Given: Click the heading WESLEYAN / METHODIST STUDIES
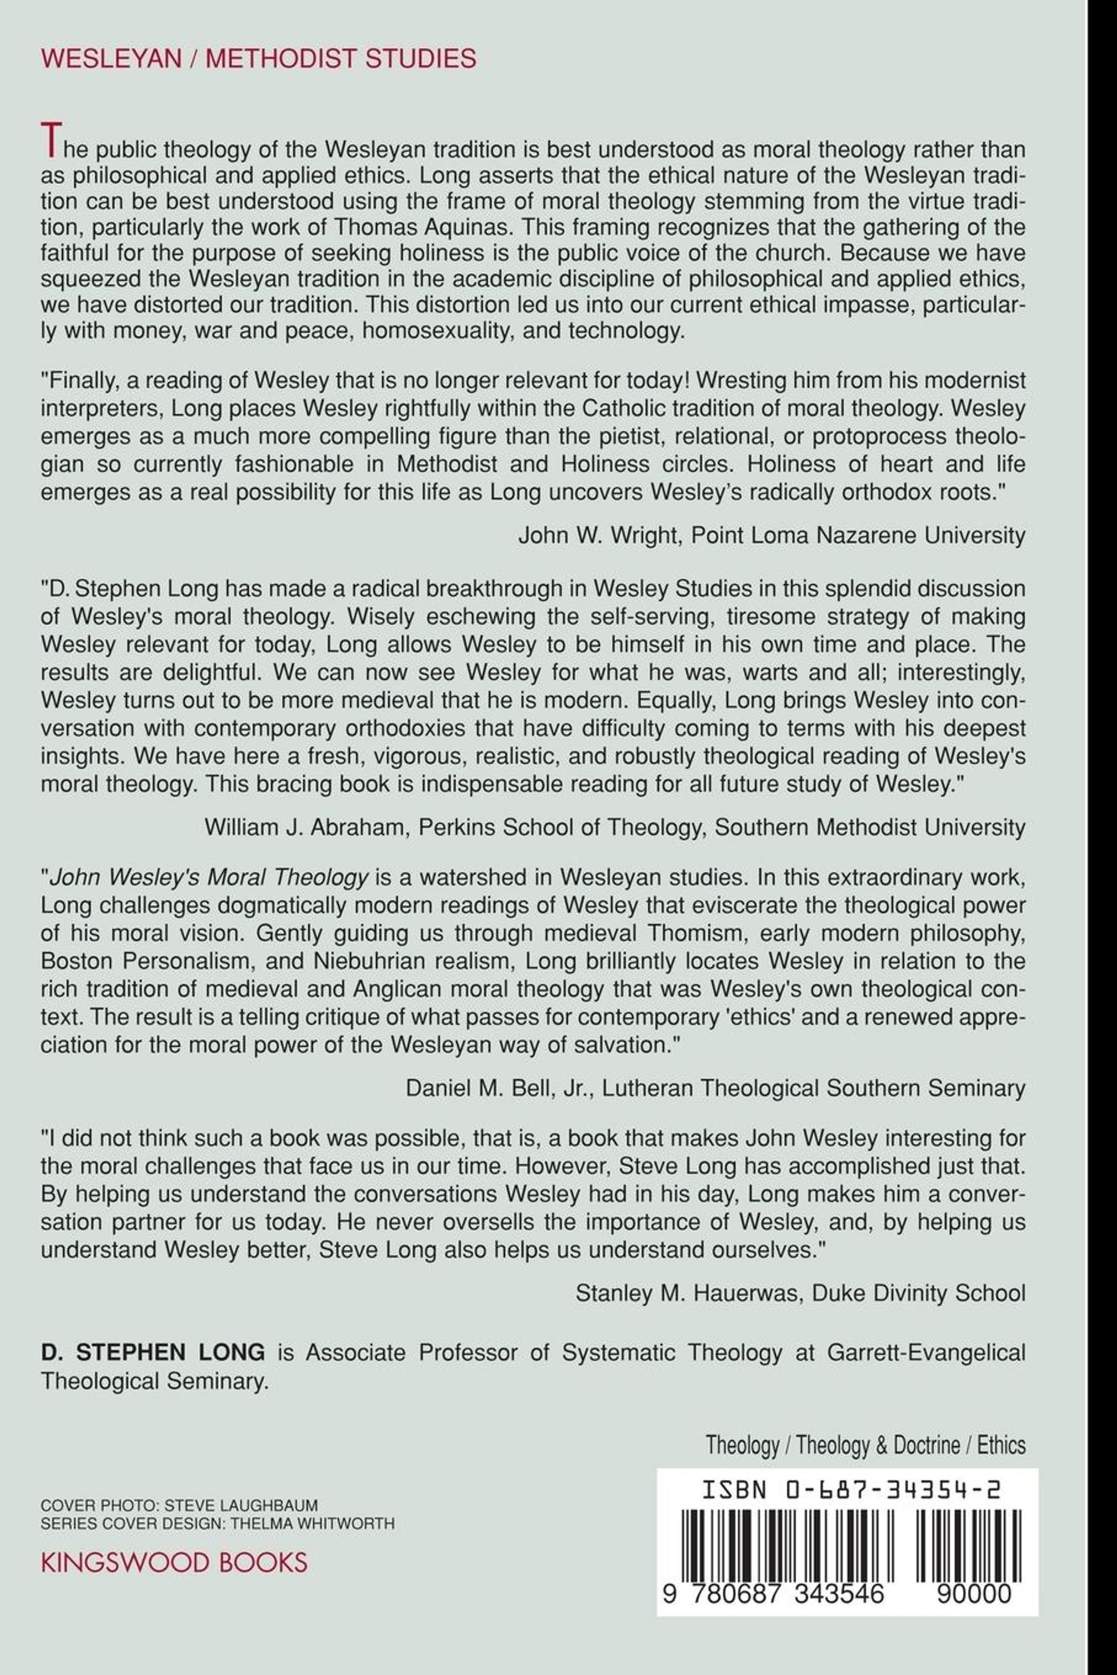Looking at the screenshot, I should coord(259,58).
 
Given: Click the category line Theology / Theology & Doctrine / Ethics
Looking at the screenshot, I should coord(866,1445).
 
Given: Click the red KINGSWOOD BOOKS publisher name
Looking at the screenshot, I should coord(174,1562).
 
